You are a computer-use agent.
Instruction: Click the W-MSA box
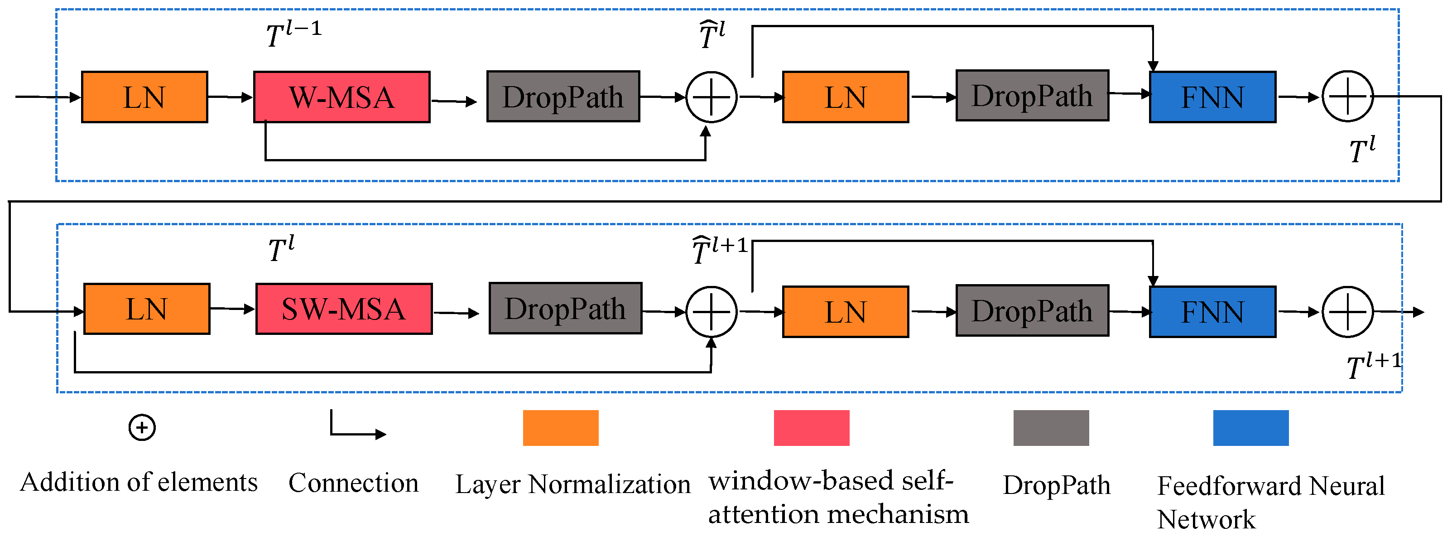(x=341, y=97)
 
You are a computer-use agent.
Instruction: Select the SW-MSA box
(x=344, y=309)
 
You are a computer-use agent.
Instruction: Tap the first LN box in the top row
(x=144, y=97)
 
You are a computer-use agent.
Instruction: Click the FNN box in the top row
(x=1212, y=97)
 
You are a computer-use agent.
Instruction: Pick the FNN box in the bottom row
(x=1212, y=312)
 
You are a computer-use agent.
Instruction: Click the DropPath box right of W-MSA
(x=563, y=97)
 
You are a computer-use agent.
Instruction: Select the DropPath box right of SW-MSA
(x=565, y=309)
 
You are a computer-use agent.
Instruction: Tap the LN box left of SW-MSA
(x=147, y=309)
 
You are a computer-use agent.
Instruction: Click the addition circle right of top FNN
(x=1348, y=97)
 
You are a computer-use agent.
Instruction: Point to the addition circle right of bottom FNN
(x=1348, y=312)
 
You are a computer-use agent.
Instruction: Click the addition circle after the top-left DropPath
(x=712, y=97)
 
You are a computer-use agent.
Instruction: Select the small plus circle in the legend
(x=142, y=428)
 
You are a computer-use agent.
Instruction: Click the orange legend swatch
(x=560, y=428)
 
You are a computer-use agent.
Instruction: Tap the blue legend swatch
(x=1251, y=428)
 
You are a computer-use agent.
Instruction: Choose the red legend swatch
(x=811, y=428)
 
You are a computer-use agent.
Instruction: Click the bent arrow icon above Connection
(x=355, y=426)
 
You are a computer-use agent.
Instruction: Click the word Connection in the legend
(x=353, y=484)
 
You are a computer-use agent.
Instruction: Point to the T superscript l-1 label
(x=293, y=34)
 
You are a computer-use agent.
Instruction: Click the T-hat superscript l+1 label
(x=719, y=250)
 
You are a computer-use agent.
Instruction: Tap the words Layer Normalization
(x=572, y=484)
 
